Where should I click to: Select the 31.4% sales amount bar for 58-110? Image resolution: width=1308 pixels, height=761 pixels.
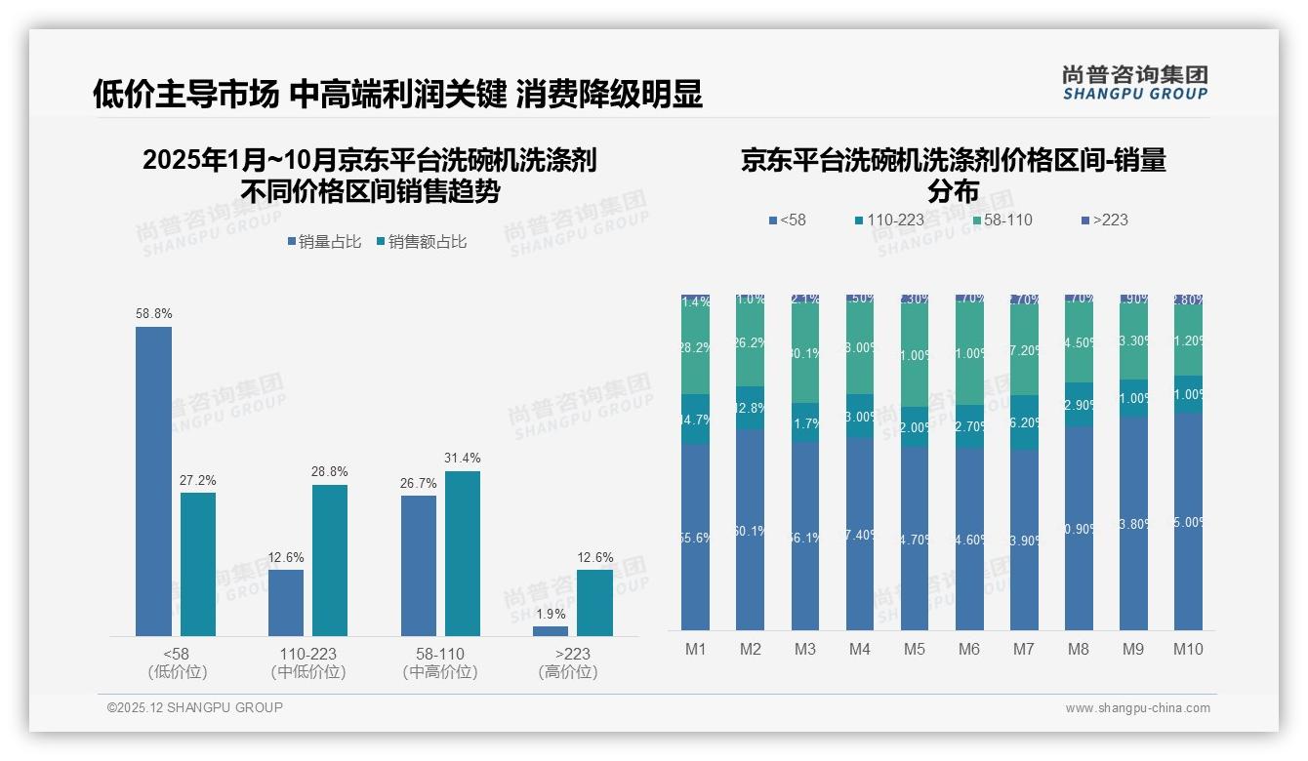pos(463,553)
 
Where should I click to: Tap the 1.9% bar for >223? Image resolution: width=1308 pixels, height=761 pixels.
pos(551,631)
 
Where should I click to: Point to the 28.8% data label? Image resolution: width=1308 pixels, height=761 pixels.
pos(330,472)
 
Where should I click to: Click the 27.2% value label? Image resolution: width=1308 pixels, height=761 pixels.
pos(198,480)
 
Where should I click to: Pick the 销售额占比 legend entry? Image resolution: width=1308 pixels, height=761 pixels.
pos(422,242)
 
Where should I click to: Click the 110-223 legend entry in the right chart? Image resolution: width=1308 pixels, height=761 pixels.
pos(889,220)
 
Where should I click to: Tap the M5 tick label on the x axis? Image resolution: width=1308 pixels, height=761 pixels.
pos(914,650)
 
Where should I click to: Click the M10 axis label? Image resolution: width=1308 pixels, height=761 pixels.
pos(1188,650)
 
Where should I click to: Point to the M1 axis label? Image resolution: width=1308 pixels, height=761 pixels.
pos(696,650)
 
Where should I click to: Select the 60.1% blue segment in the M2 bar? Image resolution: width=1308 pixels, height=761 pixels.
pos(751,530)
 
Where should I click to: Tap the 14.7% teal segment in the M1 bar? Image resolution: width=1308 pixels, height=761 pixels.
pos(696,420)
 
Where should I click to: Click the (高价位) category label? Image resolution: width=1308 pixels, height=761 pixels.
pos(567,672)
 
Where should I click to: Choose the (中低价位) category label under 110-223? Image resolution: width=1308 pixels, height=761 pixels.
pos(308,672)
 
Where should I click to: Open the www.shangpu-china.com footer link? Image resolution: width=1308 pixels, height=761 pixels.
pos(1137,708)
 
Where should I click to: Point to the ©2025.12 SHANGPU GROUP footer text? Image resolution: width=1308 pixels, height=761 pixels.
pos(195,708)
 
